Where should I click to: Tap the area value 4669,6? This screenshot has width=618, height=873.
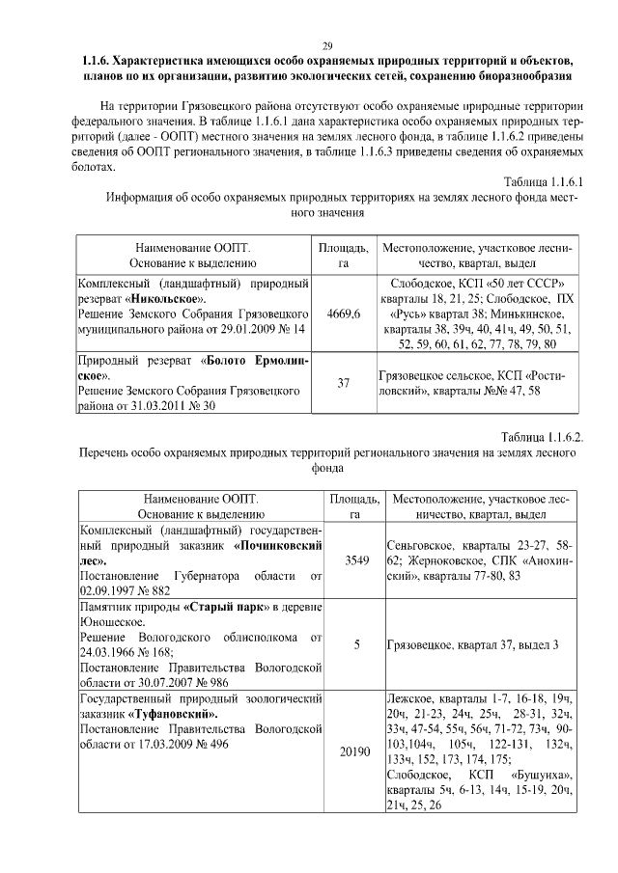point(344,314)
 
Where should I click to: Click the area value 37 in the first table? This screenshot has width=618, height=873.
point(344,383)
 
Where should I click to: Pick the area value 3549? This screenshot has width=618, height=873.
point(351,560)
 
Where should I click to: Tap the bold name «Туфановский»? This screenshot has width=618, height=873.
point(171,714)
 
